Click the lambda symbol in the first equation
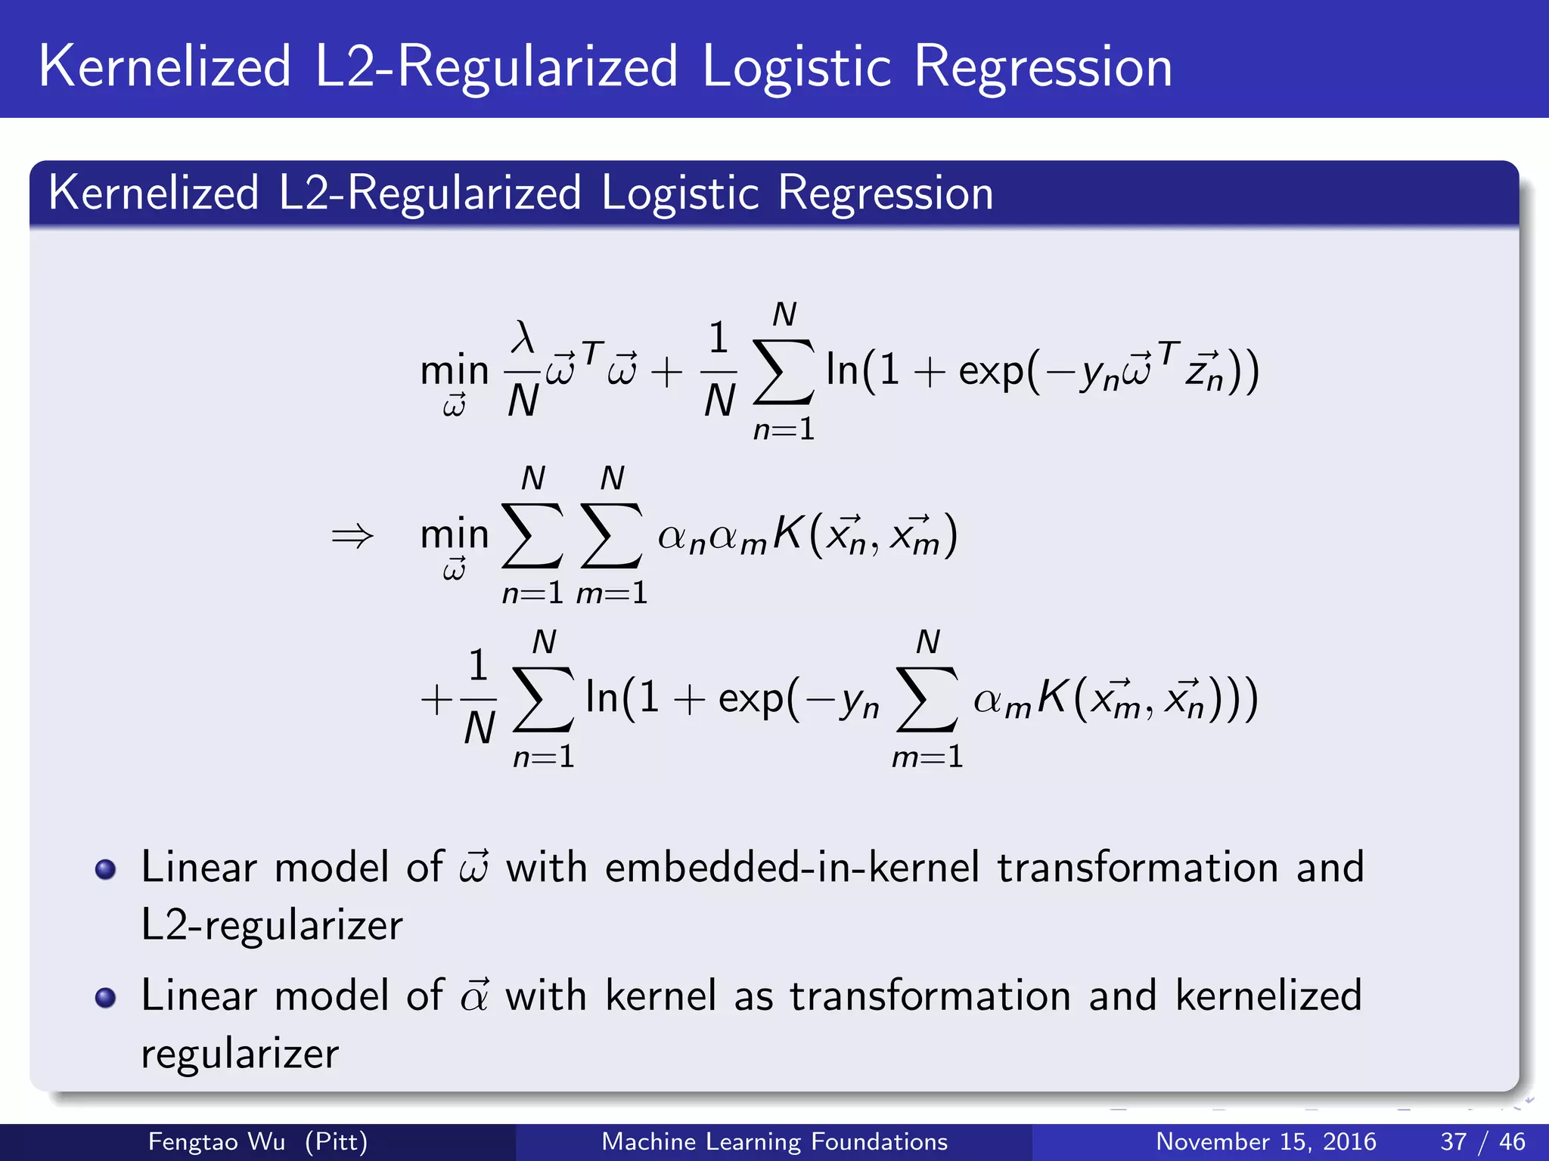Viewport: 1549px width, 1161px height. click(523, 337)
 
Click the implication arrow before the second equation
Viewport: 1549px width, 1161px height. click(352, 536)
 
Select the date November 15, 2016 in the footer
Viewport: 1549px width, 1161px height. click(1265, 1141)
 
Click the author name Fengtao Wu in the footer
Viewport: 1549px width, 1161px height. click(216, 1141)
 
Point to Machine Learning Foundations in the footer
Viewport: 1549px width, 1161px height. click(774, 1141)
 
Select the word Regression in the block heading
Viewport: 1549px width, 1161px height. click(885, 193)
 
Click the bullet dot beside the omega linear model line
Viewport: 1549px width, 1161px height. click(105, 869)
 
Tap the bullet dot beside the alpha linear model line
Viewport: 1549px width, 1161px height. click(105, 998)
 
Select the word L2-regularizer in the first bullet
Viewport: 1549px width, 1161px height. click(272, 925)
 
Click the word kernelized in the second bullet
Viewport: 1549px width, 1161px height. click(1268, 995)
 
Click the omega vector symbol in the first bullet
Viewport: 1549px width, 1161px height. click(474, 867)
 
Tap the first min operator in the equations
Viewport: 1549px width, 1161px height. click(455, 370)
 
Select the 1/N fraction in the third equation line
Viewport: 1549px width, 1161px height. click(478, 697)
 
